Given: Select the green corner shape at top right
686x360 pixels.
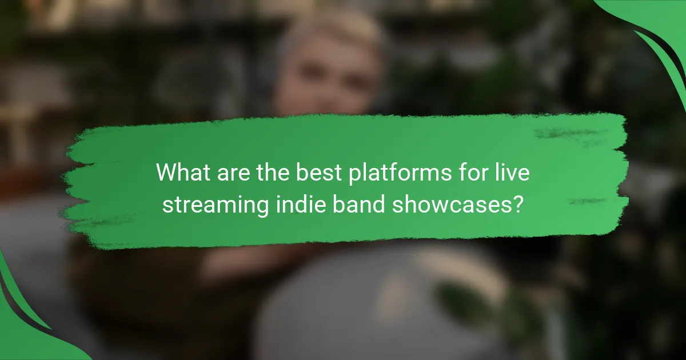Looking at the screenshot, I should point(657,29).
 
